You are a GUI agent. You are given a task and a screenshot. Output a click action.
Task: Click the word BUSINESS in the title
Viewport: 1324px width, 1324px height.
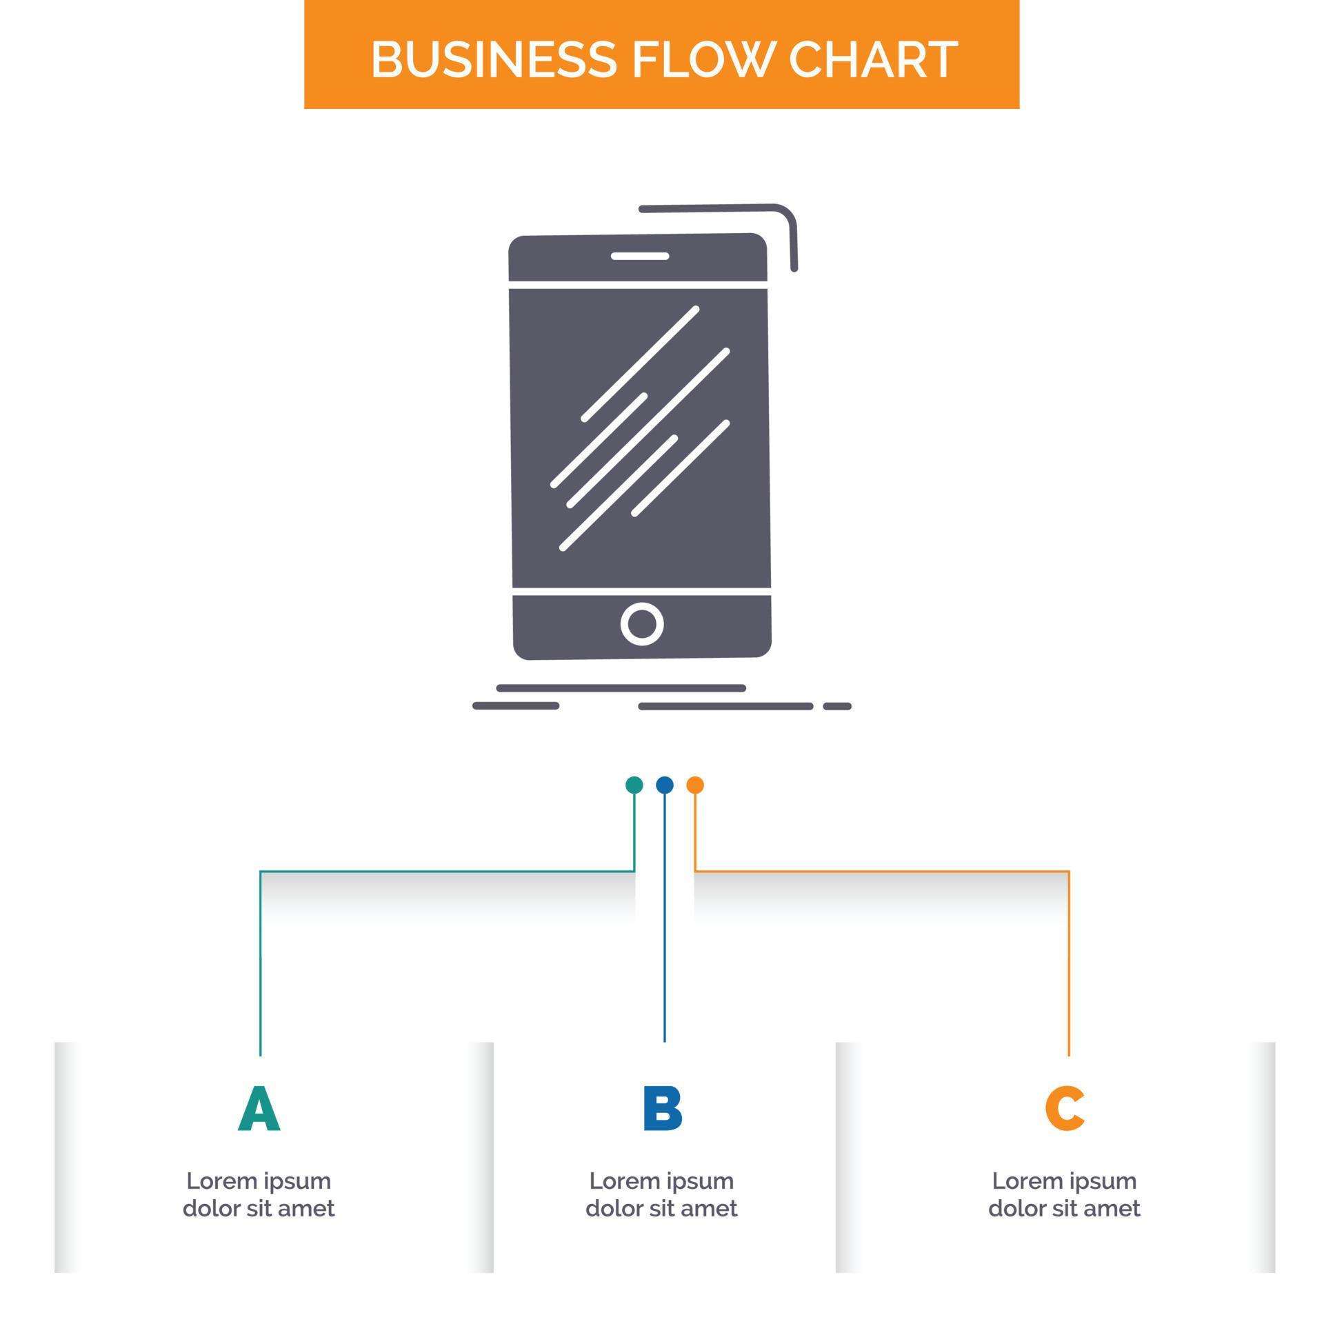(493, 59)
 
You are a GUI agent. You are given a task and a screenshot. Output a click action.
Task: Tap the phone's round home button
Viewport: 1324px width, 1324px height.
(641, 624)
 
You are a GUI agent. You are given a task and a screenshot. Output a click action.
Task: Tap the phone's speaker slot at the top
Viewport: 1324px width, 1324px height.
(640, 257)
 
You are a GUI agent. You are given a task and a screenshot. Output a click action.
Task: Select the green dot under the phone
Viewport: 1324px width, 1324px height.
(634, 785)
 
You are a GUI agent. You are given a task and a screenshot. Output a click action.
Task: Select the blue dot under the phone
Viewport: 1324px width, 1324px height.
(664, 785)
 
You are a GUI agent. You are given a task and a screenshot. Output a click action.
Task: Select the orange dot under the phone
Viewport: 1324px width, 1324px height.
(695, 785)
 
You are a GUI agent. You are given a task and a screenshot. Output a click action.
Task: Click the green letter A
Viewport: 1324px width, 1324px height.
(259, 1109)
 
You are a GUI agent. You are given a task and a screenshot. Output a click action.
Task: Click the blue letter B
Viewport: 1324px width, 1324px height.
(662, 1109)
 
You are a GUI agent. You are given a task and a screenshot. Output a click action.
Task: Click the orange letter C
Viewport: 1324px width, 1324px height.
(1064, 1109)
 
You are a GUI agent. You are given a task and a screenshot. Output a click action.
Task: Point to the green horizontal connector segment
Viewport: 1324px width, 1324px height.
(448, 872)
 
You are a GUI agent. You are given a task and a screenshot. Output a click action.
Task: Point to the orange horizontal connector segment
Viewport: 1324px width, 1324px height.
(883, 872)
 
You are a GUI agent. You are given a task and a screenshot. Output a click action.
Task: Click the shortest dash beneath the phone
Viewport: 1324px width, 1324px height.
(837, 706)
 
